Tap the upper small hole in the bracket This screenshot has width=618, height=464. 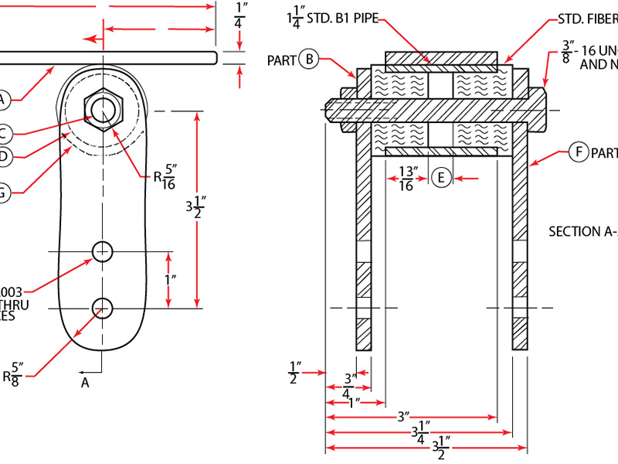click(x=102, y=251)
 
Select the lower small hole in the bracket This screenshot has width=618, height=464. click(x=102, y=308)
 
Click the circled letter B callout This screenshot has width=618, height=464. click(x=309, y=59)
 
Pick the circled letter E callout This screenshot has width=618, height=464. click(x=441, y=178)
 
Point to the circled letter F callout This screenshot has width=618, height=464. click(x=579, y=152)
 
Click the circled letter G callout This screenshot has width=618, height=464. click(x=3, y=193)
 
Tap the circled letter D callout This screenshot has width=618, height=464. click(x=3, y=157)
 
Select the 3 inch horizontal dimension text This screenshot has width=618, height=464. click(x=402, y=417)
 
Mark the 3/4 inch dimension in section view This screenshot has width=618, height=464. click(x=350, y=384)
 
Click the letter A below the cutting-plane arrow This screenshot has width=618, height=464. click(x=85, y=382)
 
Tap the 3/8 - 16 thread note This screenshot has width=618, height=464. click(x=586, y=59)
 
